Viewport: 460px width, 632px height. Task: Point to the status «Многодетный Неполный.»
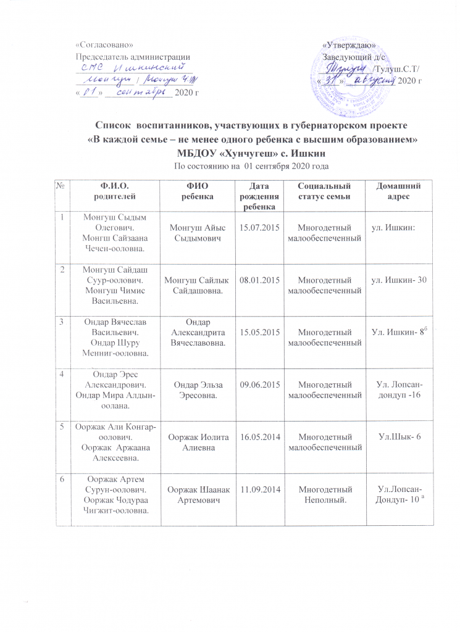(325, 494)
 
